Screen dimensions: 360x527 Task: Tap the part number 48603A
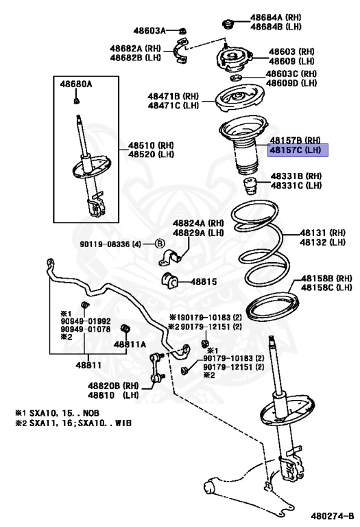tap(149, 31)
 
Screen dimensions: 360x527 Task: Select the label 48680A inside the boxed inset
tap(76, 84)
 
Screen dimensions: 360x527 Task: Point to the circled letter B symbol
tap(160, 244)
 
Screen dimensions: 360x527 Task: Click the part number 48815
tap(204, 281)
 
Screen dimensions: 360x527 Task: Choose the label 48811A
tap(130, 344)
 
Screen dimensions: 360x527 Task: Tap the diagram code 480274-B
tap(333, 515)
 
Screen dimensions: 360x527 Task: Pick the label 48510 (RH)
tap(151, 145)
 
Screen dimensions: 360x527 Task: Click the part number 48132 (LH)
tap(323, 242)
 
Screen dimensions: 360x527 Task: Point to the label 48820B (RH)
tap(114, 386)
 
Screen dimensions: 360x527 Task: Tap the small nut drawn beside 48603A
tap(182, 31)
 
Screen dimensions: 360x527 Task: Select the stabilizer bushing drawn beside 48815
tap(169, 280)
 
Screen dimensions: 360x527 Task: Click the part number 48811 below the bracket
tap(88, 365)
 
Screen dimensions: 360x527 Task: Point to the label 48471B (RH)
tap(173, 97)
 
